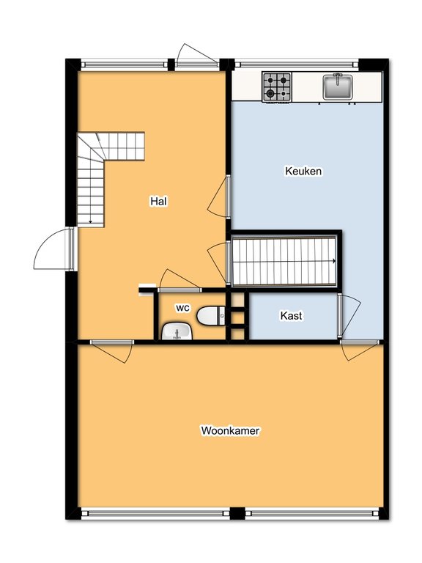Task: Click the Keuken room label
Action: tap(303, 171)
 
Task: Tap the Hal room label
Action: tap(158, 202)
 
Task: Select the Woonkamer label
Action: tap(230, 430)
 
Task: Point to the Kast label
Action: tap(291, 316)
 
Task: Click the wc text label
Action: tap(182, 308)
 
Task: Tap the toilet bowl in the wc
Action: tap(211, 316)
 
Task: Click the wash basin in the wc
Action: tap(177, 331)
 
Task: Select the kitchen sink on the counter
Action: tap(338, 87)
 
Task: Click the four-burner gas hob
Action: tap(277, 87)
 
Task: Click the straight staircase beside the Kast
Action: tap(284, 261)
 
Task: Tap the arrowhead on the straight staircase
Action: tap(334, 261)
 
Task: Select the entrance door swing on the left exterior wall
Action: tap(53, 249)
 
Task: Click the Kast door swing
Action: tap(349, 316)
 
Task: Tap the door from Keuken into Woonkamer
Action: tap(359, 350)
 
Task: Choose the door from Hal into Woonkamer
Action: tap(112, 351)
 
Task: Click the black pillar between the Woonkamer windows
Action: tap(237, 513)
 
